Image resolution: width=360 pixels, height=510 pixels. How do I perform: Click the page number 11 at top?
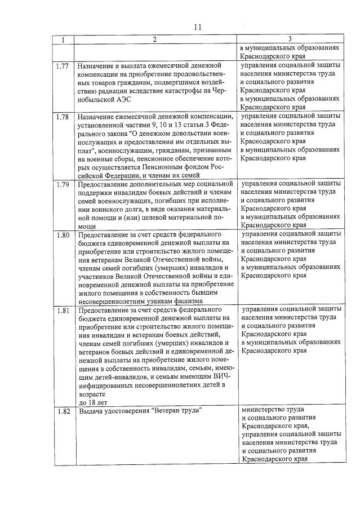click(197, 27)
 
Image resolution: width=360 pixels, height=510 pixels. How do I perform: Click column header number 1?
click(64, 39)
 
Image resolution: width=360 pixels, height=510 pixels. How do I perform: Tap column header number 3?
click(289, 39)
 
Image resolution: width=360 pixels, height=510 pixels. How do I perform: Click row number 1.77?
click(63, 66)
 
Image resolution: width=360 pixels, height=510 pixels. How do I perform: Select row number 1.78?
click(63, 117)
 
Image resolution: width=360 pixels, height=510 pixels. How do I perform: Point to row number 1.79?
click(63, 184)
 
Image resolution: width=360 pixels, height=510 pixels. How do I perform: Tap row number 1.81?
click(63, 309)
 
